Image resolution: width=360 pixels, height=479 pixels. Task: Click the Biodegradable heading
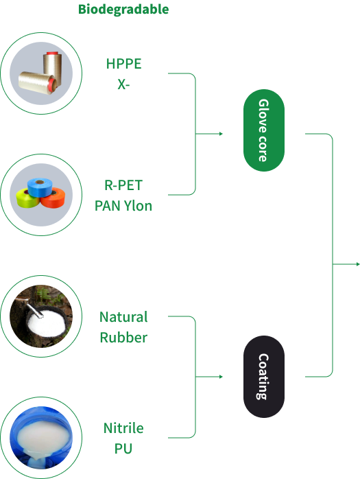[x=123, y=10]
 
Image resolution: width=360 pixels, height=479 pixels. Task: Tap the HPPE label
[x=123, y=64]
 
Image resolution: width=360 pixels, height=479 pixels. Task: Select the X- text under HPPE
[x=123, y=84]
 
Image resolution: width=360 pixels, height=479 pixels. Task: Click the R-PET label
[x=123, y=185]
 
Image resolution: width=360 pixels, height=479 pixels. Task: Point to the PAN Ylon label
[x=123, y=206]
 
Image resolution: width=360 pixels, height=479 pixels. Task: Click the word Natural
[x=123, y=317]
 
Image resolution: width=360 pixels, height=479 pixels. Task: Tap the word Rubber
[x=123, y=338]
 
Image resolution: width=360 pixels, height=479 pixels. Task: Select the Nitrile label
[x=123, y=428]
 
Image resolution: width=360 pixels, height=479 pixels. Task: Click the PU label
[x=123, y=449]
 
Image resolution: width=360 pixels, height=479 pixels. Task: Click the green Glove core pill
[x=264, y=130]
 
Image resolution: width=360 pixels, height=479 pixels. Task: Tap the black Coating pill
[x=264, y=377]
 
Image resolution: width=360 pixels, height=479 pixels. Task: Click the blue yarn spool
[x=40, y=187]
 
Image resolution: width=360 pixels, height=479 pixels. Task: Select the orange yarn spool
[x=53, y=197]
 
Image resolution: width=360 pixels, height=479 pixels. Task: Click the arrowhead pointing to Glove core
[x=221, y=134]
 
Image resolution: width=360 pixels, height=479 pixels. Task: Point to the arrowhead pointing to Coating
[x=221, y=377]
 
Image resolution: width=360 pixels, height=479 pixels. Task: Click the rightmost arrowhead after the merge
[x=358, y=264]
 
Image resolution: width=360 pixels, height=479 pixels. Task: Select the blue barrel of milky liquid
[x=41, y=438]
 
